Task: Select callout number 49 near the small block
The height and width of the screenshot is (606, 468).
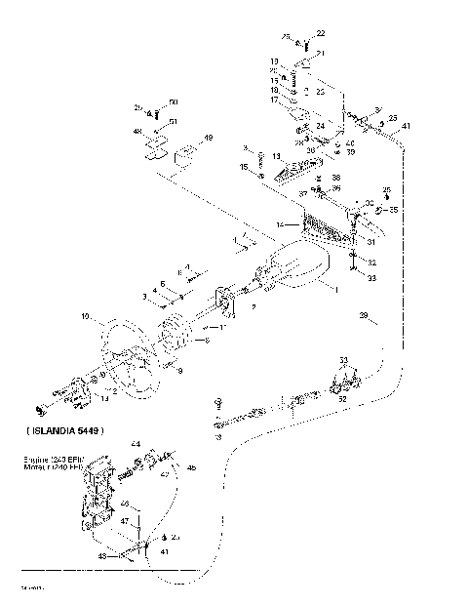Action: (207, 140)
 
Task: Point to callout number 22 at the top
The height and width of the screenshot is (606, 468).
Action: (322, 34)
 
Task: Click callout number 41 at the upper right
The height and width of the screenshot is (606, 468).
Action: (406, 127)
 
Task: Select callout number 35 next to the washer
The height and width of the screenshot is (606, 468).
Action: (393, 209)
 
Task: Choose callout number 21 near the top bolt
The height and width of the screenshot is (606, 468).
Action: (320, 52)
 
